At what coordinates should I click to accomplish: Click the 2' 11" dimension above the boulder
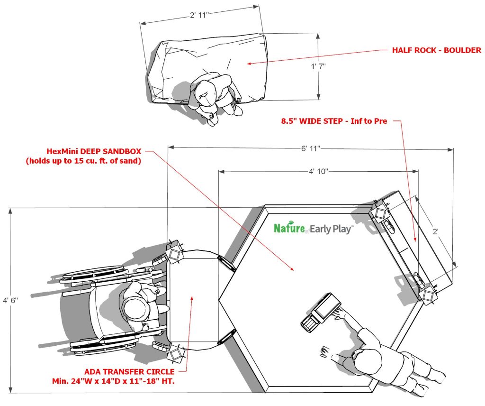point(199,15)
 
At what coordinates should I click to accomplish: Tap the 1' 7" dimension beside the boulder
point(318,66)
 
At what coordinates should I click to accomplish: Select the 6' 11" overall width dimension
point(311,148)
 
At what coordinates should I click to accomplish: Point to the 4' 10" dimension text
point(318,171)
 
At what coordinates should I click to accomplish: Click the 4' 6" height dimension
point(10,300)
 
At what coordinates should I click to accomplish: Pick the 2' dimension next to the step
point(436,231)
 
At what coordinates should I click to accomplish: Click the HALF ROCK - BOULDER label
point(437,50)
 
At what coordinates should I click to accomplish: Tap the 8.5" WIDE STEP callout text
point(334,121)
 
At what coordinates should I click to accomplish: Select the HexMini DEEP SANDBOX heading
point(94,151)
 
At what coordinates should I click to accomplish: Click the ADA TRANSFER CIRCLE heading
point(129,371)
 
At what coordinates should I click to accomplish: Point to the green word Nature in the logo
point(289,228)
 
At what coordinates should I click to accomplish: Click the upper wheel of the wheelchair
point(93,273)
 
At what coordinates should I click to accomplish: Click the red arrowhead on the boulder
point(249,64)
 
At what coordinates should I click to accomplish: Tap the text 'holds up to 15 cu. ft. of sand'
point(83,161)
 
